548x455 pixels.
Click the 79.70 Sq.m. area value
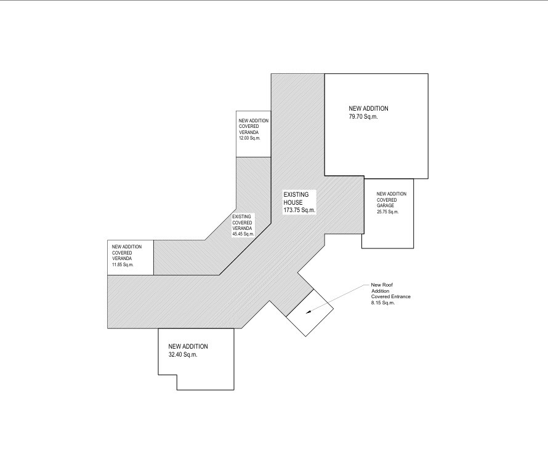click(363, 117)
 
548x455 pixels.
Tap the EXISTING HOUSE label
click(296, 199)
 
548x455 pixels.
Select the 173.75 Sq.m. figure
click(299, 210)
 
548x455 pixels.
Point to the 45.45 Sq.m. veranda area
click(243, 234)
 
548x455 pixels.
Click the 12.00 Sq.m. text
click(249, 138)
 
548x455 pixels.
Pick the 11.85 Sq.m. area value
click(123, 264)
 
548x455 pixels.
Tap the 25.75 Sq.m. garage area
click(387, 212)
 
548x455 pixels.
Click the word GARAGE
click(385, 206)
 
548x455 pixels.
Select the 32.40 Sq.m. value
click(183, 355)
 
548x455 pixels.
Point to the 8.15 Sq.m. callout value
click(383, 303)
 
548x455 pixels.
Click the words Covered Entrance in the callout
click(391, 296)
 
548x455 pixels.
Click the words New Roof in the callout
click(382, 285)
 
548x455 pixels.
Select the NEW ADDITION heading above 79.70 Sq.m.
click(368, 108)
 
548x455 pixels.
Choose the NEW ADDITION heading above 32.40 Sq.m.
click(188, 347)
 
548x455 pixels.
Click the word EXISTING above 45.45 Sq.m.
click(241, 216)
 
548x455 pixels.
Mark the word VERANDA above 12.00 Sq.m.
click(249, 133)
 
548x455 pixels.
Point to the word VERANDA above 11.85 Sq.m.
click(122, 259)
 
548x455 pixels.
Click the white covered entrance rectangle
click(310, 313)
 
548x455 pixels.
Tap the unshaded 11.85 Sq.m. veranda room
click(131, 258)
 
